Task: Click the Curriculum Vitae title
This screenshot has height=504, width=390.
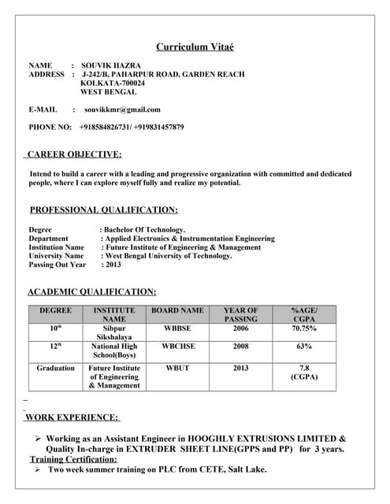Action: pyautogui.click(x=194, y=47)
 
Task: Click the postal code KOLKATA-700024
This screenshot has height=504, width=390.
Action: pyautogui.click(x=113, y=83)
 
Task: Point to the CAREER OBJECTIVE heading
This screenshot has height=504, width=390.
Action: pyautogui.click(x=75, y=154)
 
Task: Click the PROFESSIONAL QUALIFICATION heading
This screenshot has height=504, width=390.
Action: pyautogui.click(x=103, y=209)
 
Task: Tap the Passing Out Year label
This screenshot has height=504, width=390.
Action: pyautogui.click(x=57, y=265)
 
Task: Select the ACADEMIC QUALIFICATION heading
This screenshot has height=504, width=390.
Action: pyautogui.click(x=92, y=291)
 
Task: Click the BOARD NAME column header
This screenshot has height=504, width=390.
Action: pyautogui.click(x=177, y=310)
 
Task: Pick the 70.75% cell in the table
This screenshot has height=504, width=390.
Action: pyautogui.click(x=304, y=328)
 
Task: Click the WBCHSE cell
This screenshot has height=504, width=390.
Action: pyautogui.click(x=178, y=346)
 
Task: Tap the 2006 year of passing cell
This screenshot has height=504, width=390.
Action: pyautogui.click(x=240, y=328)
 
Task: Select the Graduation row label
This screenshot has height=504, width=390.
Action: pyautogui.click(x=55, y=368)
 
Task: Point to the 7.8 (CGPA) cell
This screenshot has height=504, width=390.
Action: pyautogui.click(x=304, y=372)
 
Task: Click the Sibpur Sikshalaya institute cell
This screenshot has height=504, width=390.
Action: pyautogui.click(x=114, y=332)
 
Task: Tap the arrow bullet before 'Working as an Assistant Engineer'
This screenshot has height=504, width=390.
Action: pyautogui.click(x=39, y=438)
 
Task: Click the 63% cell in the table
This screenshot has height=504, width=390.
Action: pyautogui.click(x=304, y=346)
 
